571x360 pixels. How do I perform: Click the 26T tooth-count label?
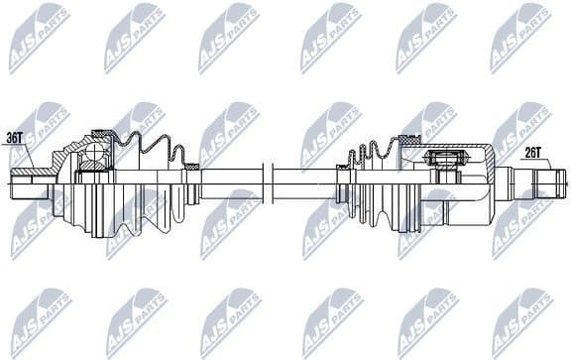point(534,152)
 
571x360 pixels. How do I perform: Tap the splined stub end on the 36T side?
point(30,180)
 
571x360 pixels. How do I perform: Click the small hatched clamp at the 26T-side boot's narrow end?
point(342,168)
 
